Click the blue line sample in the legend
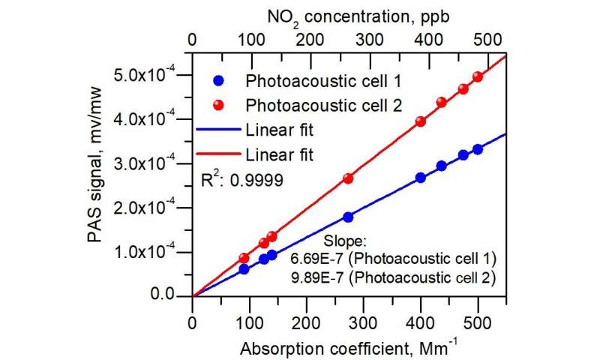click(217, 130)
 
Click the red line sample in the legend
click(217, 154)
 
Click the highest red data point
click(478, 77)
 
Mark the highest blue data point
click(478, 149)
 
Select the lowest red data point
click(244, 258)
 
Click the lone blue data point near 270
click(348, 217)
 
